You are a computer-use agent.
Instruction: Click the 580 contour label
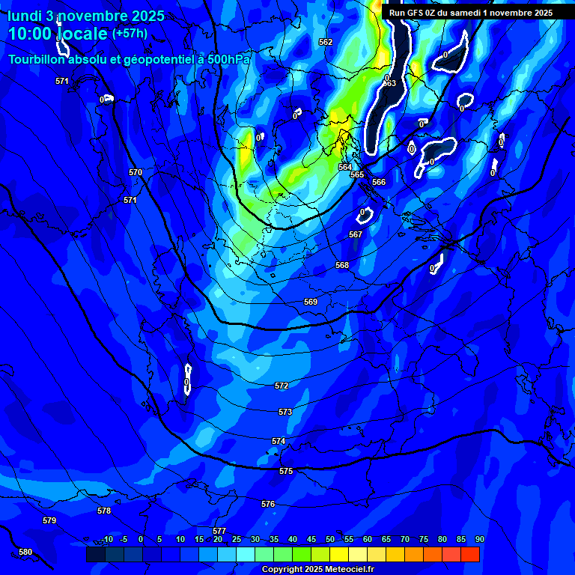(x=25, y=553)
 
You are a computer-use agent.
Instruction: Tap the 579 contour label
(x=49, y=520)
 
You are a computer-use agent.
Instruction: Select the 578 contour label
(x=104, y=511)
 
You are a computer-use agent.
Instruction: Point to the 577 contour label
(x=219, y=531)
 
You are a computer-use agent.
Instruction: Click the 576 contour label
(x=268, y=504)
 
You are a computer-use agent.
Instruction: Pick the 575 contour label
(x=286, y=471)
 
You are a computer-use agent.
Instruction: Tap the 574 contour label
(x=279, y=442)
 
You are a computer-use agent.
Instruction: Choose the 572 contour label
(x=282, y=386)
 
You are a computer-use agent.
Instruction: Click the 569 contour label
(x=311, y=302)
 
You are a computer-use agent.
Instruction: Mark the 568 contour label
(x=342, y=265)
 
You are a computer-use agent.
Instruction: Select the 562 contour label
(x=326, y=42)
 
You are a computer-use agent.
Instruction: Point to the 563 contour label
(x=389, y=83)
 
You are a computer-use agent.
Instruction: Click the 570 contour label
(x=136, y=172)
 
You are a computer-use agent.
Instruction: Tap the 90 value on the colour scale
(x=479, y=539)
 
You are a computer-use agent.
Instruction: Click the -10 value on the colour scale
(x=107, y=539)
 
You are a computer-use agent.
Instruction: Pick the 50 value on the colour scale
(x=329, y=539)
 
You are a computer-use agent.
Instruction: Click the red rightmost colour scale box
(x=470, y=554)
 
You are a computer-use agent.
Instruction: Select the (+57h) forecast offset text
(x=130, y=33)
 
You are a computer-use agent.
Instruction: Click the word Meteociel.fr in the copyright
(x=345, y=570)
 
